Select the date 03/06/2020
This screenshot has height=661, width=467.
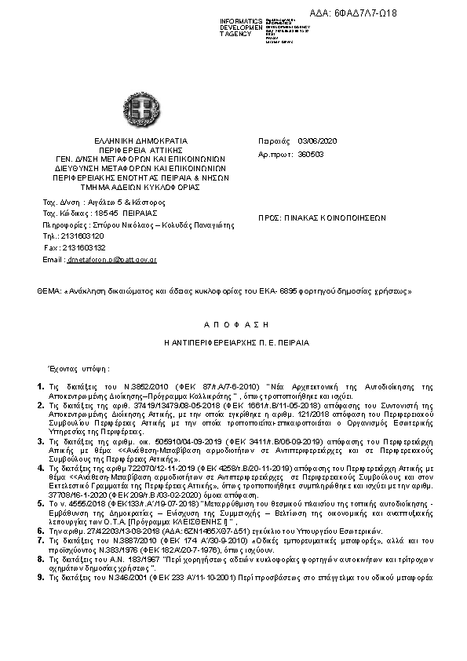coord(316,141)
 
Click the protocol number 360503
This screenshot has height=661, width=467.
coord(312,155)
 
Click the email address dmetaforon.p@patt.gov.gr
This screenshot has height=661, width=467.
coord(111,259)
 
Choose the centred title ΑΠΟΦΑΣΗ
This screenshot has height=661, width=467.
coord(232,323)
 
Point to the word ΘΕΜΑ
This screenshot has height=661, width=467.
coord(49,291)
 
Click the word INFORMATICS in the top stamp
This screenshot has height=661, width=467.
coord(241,20)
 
